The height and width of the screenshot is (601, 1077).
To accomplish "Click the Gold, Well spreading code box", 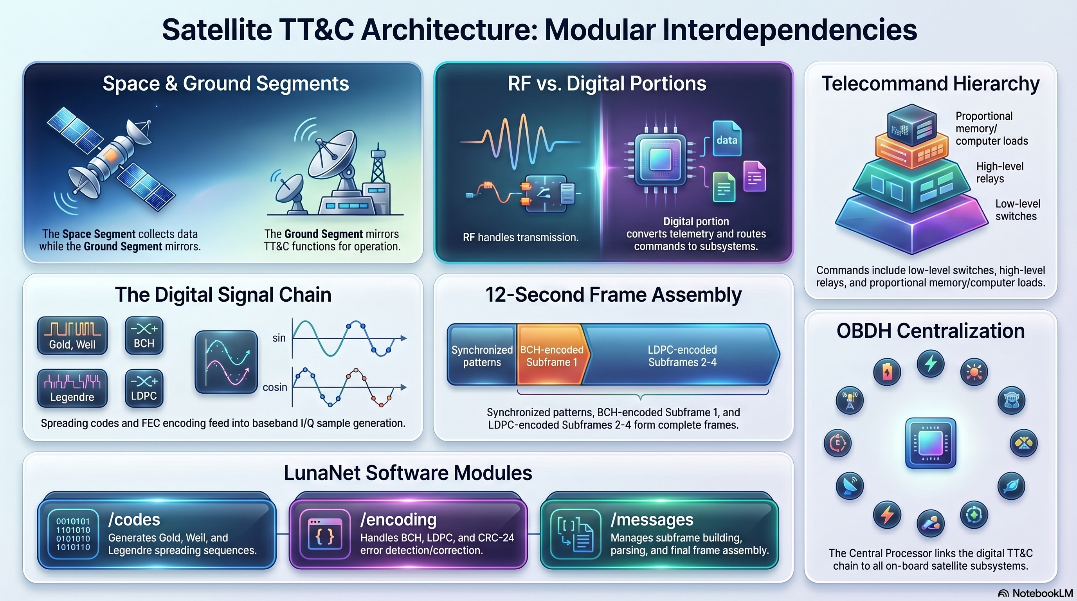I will (x=72, y=335).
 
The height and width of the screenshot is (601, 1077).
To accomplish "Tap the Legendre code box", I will (x=72, y=388).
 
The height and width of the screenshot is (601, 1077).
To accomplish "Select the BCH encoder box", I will (x=144, y=335).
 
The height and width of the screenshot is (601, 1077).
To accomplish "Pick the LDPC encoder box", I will (x=144, y=388).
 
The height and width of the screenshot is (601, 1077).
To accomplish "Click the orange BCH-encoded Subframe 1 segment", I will (x=551, y=355).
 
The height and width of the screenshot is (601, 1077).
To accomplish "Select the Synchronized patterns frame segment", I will (x=482, y=355).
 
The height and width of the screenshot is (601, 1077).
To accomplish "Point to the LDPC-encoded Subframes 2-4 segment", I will (x=682, y=355).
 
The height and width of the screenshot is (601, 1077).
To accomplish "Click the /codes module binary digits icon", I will (x=73, y=534).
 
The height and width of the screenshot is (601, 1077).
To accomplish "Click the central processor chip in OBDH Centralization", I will (x=930, y=443).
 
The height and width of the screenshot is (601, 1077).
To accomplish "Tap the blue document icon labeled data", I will (x=727, y=139).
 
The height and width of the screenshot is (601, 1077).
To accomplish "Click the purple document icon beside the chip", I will (x=754, y=177).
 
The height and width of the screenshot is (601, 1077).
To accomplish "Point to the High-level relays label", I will (x=999, y=172).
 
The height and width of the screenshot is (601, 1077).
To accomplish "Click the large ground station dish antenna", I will (x=332, y=155).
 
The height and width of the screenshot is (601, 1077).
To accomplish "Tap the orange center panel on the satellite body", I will (x=110, y=156).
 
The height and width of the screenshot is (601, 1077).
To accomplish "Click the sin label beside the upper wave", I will (x=279, y=338).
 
